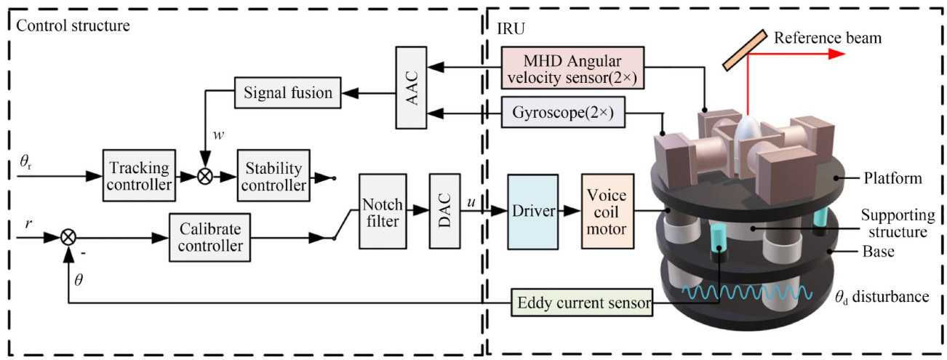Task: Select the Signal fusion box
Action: [284, 92]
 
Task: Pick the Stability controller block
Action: [273, 176]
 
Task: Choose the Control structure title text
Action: [73, 27]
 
